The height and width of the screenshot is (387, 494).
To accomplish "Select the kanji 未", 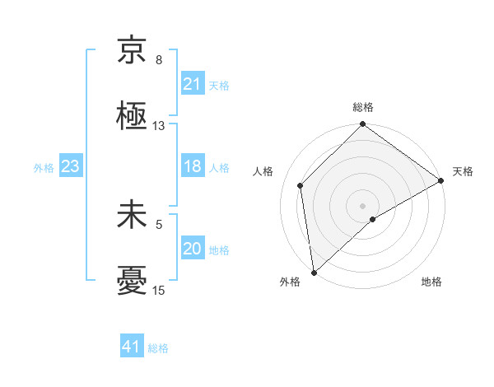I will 132,216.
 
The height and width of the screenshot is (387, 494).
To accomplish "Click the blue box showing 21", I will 192,84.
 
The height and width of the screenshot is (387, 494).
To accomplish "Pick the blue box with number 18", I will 192,167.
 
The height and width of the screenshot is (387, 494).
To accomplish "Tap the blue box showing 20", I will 192,249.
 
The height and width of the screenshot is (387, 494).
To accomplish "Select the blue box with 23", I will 70,167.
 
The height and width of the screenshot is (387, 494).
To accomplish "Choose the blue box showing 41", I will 132,347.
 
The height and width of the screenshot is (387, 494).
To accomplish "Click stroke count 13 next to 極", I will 159,126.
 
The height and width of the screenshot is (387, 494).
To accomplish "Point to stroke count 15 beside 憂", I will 159,291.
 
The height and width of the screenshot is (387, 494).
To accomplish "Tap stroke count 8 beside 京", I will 159,60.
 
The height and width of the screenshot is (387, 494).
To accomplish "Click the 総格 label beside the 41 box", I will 158,348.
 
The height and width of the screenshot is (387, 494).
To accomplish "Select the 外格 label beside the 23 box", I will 44,168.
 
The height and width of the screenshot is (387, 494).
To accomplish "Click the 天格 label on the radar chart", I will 463,171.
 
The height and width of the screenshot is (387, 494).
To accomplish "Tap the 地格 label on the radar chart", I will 431,282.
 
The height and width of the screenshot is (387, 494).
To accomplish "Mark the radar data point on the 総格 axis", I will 362,126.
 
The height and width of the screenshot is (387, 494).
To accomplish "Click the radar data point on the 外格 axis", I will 314,272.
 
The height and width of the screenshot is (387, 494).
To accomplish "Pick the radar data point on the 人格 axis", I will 301,185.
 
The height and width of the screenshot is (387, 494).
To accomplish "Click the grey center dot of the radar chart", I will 362,205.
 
